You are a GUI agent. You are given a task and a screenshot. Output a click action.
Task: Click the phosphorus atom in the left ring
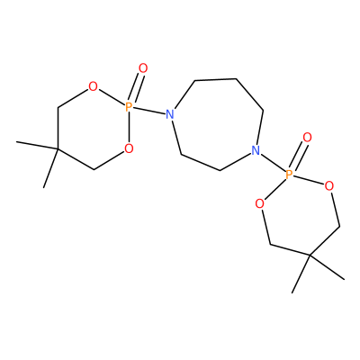point(129,106)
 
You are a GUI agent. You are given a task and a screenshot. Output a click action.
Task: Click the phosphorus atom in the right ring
point(289,174)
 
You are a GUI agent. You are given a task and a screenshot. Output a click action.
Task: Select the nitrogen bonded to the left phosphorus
point(170,114)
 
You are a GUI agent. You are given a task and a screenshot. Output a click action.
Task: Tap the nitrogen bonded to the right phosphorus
point(256,150)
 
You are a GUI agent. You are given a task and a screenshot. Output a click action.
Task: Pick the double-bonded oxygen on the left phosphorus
point(143,68)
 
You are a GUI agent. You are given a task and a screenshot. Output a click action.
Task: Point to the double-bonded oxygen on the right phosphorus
point(307,138)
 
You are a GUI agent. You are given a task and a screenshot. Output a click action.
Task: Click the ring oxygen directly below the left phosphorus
point(129,148)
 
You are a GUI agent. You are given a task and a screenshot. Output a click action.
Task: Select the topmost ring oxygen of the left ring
point(94,87)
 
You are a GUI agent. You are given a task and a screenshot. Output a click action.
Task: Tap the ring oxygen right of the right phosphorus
point(329,186)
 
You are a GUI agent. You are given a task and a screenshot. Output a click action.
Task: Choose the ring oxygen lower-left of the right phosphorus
point(260,204)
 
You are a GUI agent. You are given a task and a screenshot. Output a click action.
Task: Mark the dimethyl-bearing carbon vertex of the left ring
point(58,148)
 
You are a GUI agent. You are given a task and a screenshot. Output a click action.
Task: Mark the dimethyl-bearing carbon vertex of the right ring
point(310,256)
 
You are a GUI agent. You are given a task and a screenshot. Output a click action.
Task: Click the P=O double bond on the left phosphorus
point(136,87)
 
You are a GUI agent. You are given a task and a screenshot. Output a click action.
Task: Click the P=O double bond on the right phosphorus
point(298,156)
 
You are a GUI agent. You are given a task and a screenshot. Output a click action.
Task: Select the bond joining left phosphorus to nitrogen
point(149,111)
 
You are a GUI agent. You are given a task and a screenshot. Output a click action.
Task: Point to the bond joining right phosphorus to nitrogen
point(272,162)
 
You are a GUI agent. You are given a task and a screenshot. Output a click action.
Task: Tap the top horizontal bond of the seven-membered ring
point(215,79)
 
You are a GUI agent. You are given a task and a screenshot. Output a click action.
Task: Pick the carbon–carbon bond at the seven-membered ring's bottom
point(201,163)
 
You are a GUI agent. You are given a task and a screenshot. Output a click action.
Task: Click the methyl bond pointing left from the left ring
point(37,145)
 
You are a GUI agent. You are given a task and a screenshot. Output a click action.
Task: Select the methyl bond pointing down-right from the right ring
point(328,267)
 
